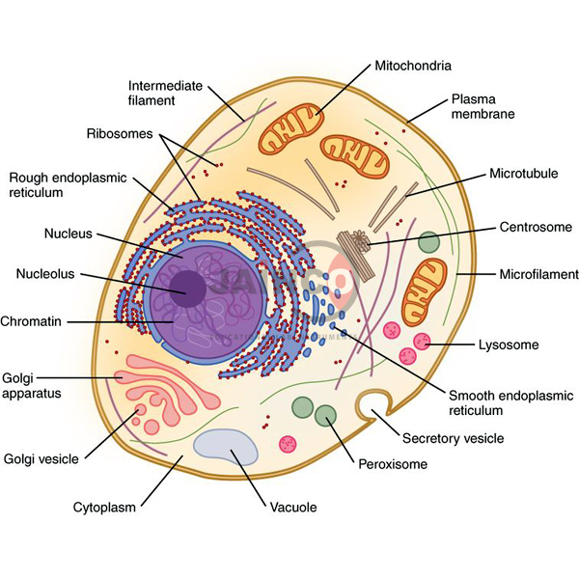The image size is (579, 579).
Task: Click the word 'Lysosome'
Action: point(508,345)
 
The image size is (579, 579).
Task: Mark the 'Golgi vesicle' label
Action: point(43,458)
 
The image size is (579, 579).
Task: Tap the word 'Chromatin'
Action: point(35,320)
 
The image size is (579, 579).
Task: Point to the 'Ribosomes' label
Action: point(120,133)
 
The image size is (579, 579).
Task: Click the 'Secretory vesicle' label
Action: point(452,438)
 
